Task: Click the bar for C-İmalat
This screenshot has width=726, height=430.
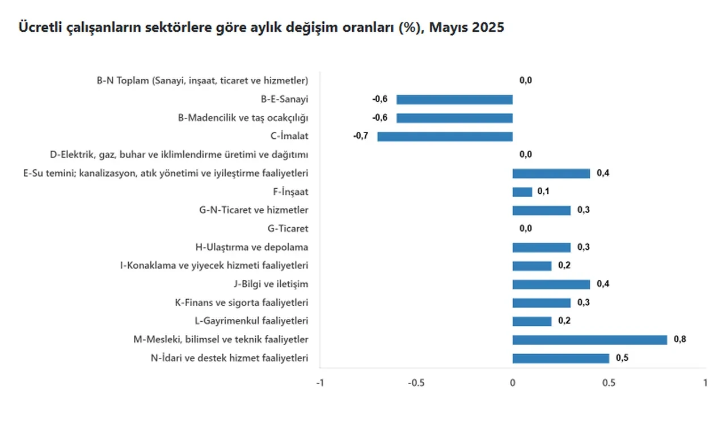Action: click(445, 137)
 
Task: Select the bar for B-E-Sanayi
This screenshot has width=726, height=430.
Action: click(454, 100)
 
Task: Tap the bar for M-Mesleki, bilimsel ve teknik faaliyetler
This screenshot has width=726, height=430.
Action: click(589, 340)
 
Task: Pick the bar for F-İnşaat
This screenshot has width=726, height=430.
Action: click(522, 192)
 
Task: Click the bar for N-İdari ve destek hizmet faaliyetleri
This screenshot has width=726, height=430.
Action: click(560, 358)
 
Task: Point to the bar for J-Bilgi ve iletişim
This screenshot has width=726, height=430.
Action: click(551, 284)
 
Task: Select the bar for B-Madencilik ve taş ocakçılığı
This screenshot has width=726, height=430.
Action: click(454, 118)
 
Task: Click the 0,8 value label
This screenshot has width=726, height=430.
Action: click(680, 340)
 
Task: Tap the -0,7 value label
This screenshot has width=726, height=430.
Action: click(360, 137)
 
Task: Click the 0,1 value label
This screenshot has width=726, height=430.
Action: click(543, 192)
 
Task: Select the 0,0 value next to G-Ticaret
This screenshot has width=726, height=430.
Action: click(526, 229)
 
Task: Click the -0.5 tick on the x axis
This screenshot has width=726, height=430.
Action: click(416, 382)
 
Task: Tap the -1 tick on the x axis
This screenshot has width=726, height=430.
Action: click(320, 382)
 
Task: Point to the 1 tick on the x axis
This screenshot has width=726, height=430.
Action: click(705, 382)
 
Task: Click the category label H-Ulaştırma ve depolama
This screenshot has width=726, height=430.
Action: click(251, 247)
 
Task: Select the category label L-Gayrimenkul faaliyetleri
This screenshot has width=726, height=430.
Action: click(251, 321)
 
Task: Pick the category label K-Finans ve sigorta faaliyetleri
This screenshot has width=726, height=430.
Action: click(242, 303)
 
